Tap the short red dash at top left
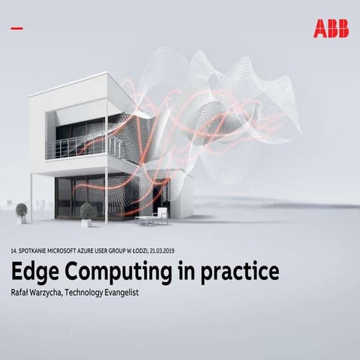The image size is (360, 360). pos(17,28)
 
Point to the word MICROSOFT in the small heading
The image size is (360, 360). pos(70,251)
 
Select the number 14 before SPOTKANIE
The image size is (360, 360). pos(13,251)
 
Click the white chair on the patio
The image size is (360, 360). pos(160,216)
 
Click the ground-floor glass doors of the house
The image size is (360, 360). pos(97,196)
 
